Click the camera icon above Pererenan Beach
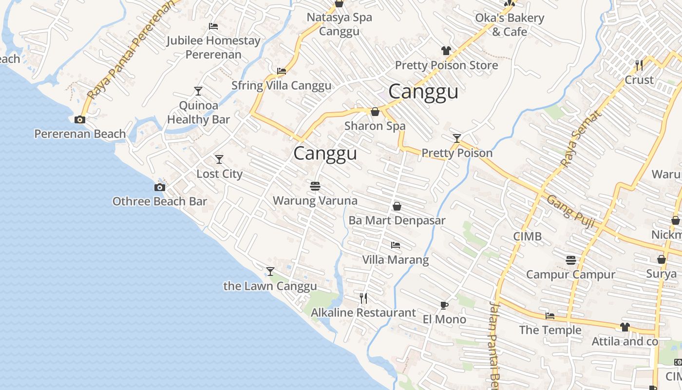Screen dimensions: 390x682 click(80, 119)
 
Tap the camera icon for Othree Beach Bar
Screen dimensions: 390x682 click(159, 187)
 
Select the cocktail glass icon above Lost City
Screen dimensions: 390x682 click(219, 159)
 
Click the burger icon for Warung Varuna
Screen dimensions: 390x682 click(315, 186)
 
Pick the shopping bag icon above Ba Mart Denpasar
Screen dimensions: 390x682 click(397, 206)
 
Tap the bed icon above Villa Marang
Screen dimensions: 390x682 click(396, 245)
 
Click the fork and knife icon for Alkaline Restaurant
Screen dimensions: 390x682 click(363, 298)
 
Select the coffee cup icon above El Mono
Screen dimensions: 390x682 click(444, 306)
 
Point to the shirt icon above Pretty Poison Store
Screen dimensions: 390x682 click(446, 50)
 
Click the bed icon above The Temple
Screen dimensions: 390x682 click(550, 316)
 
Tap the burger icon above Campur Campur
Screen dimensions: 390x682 click(571, 260)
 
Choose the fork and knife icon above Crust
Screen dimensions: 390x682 click(639, 65)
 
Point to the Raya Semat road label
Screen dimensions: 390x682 click(581, 139)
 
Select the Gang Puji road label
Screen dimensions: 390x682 click(570, 212)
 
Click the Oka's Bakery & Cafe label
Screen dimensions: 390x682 click(510, 25)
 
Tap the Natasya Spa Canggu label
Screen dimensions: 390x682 click(339, 24)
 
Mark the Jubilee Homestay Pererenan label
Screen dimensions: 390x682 click(213, 47)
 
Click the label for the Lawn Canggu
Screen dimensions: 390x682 click(270, 286)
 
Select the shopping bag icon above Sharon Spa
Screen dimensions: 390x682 click(375, 112)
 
